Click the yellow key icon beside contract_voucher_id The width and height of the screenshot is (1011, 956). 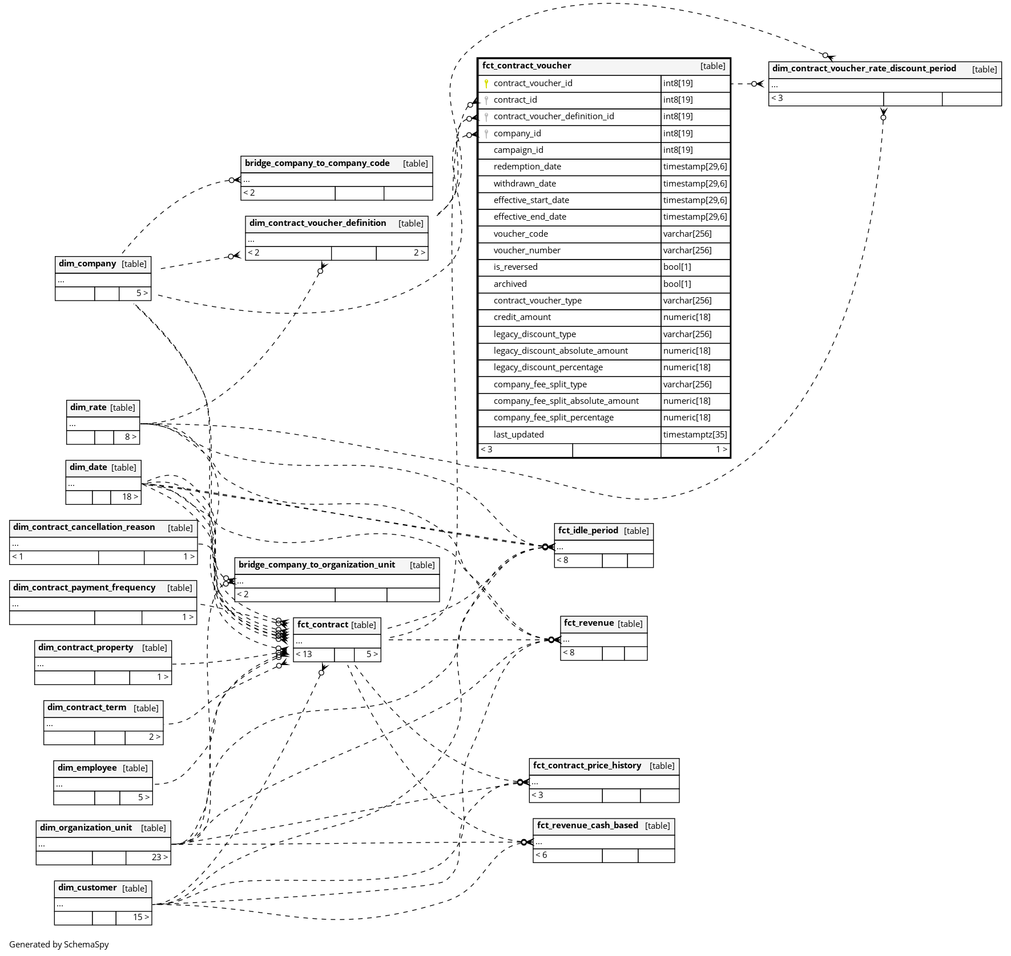coord(486,83)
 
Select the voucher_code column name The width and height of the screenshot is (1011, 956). coord(521,234)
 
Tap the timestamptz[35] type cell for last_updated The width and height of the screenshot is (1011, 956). coord(695,435)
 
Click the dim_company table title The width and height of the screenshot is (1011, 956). coord(87,264)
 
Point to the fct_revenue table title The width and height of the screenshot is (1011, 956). coord(589,623)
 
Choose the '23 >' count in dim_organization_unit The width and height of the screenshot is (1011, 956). coord(159,857)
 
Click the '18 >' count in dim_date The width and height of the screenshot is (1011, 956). coord(130,497)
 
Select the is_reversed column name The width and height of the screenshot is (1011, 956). coord(515,267)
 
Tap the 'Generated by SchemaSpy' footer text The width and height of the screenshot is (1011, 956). coord(59,944)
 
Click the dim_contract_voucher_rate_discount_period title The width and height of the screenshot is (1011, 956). coord(864,68)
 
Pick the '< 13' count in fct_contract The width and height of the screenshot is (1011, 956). coord(304,654)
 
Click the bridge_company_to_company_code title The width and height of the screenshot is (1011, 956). coord(317,163)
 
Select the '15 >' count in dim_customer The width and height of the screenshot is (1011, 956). coord(141,917)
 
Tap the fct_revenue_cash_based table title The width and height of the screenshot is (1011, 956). coord(587,825)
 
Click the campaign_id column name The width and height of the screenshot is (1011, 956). coord(518,150)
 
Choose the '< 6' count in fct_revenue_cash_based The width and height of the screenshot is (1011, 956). coord(541,855)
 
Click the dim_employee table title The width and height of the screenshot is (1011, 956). coord(87,768)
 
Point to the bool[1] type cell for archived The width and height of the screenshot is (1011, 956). coord(677,284)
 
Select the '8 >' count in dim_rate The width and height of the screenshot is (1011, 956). coord(131,437)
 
